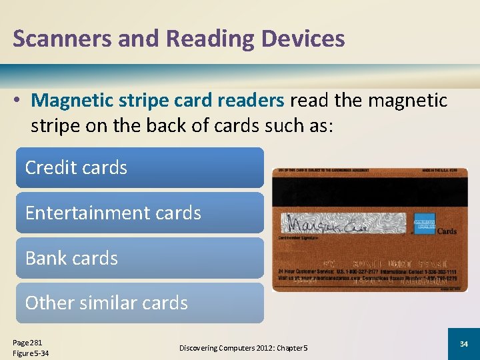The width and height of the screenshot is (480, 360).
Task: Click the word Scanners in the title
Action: (55, 39)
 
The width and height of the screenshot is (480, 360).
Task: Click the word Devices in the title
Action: (303, 39)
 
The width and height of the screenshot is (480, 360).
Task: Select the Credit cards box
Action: (140, 167)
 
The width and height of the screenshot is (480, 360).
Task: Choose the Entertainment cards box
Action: (140, 213)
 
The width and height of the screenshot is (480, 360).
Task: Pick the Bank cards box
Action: (140, 258)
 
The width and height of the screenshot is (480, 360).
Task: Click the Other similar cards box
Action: (140, 303)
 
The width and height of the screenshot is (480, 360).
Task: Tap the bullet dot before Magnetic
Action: (19, 101)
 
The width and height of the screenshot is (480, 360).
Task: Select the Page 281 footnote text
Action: (27, 341)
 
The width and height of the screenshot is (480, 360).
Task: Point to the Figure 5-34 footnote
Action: (31, 353)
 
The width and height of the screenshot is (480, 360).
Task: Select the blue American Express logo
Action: (424, 223)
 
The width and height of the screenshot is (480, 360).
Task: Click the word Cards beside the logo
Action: (446, 231)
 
